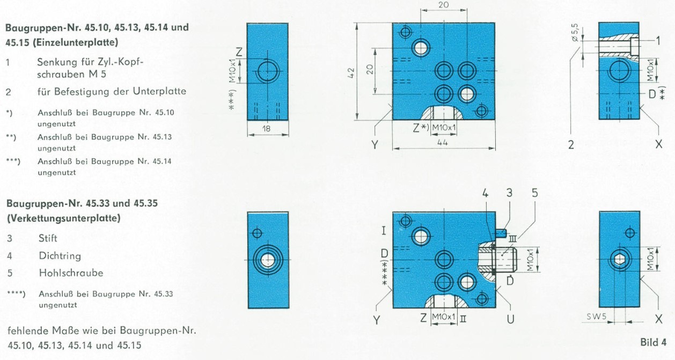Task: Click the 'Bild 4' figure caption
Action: point(654,342)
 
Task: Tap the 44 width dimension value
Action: point(442,143)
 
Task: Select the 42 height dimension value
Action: point(351,73)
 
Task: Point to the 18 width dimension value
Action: point(266,129)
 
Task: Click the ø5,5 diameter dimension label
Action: point(575,32)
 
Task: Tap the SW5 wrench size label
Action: point(596,317)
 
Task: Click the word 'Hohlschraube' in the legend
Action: point(71,273)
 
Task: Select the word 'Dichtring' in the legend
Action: point(60,256)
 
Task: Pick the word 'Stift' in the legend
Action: point(48,238)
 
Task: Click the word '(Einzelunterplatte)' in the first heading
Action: point(75,42)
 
